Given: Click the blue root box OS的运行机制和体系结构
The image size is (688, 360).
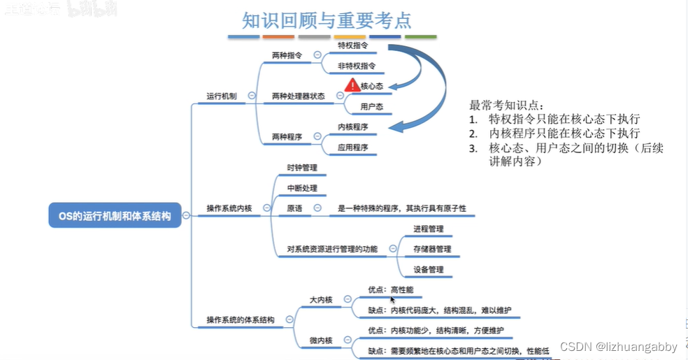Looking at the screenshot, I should click(115, 216).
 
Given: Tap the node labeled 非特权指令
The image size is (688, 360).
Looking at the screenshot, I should click(357, 66).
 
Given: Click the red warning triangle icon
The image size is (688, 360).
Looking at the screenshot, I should click(352, 86).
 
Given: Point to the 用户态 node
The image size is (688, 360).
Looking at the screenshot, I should click(371, 107).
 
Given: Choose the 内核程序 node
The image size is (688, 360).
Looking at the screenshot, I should click(352, 127).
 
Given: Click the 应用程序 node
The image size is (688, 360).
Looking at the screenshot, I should click(352, 147).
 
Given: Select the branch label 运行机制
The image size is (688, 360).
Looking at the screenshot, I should click(222, 96).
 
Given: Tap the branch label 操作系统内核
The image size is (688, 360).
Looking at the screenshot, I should click(229, 208).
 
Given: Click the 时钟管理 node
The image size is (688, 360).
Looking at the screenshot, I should click(302, 168).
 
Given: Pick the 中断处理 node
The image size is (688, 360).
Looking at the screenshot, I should click(302, 188).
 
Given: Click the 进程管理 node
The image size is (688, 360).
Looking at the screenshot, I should click(428, 229).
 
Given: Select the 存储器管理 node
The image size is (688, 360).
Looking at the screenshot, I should click(432, 249).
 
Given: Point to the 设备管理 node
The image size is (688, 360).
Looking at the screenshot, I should click(428, 269).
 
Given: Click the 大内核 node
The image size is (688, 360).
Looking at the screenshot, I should click(321, 299).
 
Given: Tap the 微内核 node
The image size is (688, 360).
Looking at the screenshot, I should click(321, 340).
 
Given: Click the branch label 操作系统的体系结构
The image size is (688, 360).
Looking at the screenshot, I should click(241, 320).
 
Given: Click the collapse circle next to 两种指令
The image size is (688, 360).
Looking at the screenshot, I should click(317, 55).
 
